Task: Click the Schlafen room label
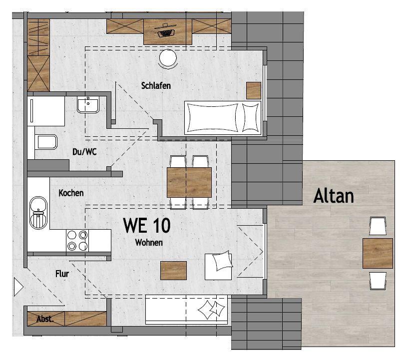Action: pos(156,85)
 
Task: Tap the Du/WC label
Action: pos(84,152)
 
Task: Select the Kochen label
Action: pos(71,193)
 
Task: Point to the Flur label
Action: pos(62,274)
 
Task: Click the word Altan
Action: pos(334,196)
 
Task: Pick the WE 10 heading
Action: pos(147,226)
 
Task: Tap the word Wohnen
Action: pos(149,242)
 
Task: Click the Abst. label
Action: pos(45,319)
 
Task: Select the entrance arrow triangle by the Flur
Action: pos(18,287)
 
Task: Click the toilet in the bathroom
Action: pos(47,142)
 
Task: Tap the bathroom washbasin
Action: pos(88,104)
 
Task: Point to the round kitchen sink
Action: pos(38,213)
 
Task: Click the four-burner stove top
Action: pos(77,241)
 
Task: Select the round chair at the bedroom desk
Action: pos(168,58)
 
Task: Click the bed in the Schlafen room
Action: pos(223,118)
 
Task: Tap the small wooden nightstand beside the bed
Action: pos(254,90)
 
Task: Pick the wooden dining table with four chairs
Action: pos(189,182)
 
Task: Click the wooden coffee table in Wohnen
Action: pos(173,271)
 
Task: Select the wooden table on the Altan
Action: pos(378,253)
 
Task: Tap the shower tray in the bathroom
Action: pos(46,111)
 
